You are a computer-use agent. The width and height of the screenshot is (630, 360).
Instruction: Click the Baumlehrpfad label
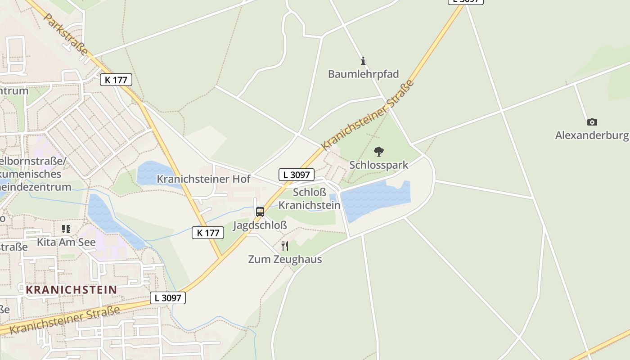coord(363,74)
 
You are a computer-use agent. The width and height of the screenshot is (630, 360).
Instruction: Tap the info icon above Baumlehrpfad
coord(363,61)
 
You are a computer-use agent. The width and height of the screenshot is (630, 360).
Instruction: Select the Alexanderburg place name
coord(591,135)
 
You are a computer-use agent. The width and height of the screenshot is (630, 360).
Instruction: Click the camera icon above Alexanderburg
coord(592,122)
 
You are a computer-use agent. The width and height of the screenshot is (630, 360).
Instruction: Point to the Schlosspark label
coord(378,165)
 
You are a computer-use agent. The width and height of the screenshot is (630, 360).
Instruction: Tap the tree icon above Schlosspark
coord(379,152)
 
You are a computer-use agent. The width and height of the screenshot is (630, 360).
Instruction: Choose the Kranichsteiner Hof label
coord(203,179)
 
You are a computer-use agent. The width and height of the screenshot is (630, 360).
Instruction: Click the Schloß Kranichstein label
coord(309,198)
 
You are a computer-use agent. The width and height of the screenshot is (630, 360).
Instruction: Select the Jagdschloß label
coord(260,225)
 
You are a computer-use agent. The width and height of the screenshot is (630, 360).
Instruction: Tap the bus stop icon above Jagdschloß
coord(260,211)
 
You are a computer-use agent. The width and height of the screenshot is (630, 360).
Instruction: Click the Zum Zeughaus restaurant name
coord(285,259)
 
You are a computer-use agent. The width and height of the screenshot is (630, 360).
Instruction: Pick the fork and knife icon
coord(284,246)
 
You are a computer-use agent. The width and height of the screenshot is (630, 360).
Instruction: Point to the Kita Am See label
coord(66,242)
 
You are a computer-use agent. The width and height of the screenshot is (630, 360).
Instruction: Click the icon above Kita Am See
coord(66,229)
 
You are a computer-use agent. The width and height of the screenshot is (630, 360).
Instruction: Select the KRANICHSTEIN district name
coord(71,289)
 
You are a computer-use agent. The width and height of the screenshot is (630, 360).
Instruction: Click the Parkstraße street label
coord(66,34)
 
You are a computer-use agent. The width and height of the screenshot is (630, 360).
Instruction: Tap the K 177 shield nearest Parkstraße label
coord(116,80)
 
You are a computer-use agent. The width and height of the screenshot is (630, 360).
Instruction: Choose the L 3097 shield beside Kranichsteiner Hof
coord(296,175)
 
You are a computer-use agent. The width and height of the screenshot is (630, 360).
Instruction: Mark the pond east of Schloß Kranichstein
coord(376,200)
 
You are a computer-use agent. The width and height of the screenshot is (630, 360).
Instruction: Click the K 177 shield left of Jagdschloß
coord(208,233)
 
